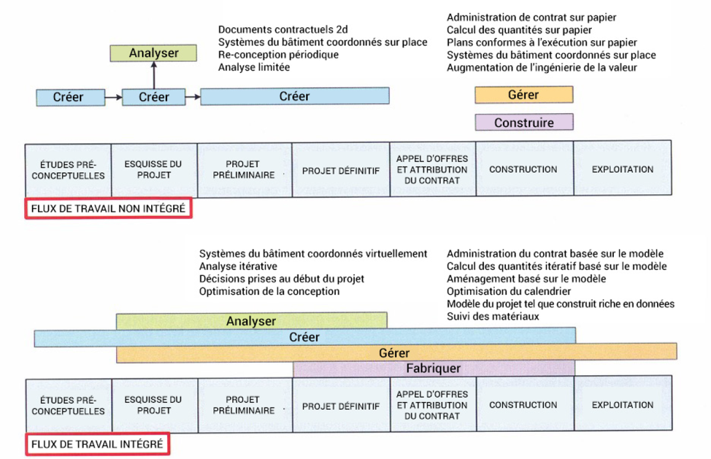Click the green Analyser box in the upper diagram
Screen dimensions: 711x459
pos(153,53)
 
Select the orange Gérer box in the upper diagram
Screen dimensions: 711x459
pos(524,95)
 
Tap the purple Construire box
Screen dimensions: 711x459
pos(524,122)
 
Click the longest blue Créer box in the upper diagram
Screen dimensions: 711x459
pos(295,96)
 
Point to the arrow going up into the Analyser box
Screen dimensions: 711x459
pos(154,75)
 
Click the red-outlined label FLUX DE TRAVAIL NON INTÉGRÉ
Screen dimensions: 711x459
pos(108,208)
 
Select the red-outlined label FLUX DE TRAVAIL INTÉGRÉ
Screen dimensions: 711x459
pos(97,444)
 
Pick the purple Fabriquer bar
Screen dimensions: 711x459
pos(434,368)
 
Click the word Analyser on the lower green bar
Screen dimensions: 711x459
pos(251,321)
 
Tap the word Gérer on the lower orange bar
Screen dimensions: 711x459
pos(394,353)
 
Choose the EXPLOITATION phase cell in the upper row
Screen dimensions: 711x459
pos(623,168)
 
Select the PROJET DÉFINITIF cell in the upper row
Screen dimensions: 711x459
pos(341,170)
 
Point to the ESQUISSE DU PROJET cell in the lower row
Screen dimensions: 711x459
pos(155,406)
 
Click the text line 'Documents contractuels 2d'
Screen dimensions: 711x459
pos(283,30)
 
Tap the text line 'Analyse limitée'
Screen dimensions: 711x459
pos(254,68)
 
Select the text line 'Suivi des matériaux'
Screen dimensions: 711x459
pos(493,316)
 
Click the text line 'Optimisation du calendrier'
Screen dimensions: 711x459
pos(509,291)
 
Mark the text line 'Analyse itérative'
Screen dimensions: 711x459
pos(238,266)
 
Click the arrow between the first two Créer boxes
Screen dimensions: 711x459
pos(114,97)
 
